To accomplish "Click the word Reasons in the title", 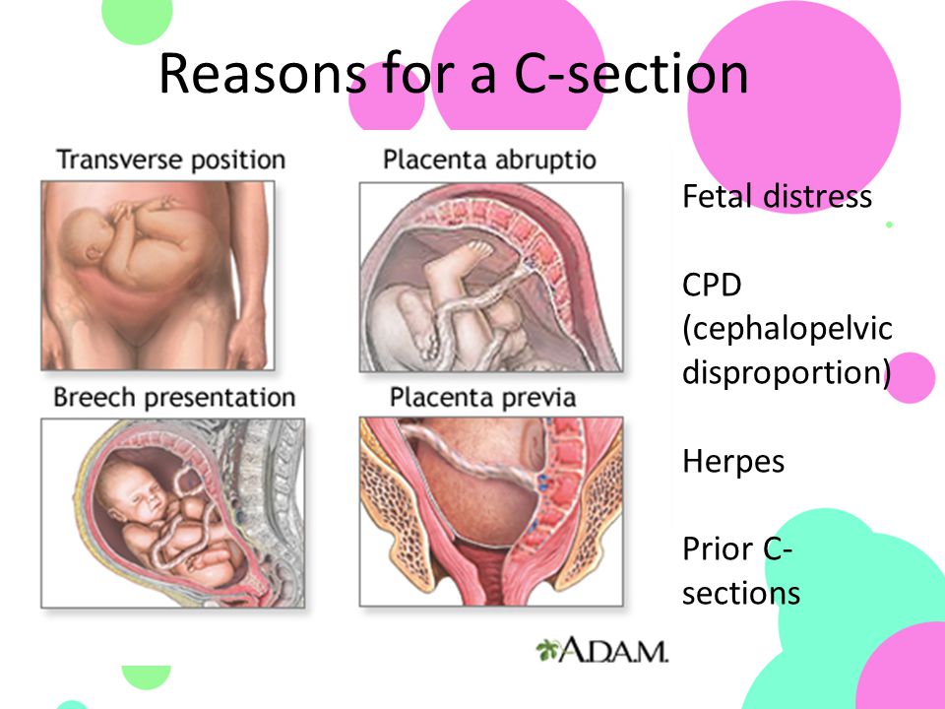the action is coord(262,74).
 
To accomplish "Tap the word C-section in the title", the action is coord(631,74).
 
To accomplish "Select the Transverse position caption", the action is coord(170,161).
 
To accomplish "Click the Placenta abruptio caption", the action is coord(489,160).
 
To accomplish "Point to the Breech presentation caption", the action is coord(174,398).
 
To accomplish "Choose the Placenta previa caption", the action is coord(482,398).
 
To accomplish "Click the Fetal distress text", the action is coord(777,197).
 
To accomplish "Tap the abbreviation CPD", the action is coord(712,285).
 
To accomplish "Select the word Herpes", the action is coord(733,463).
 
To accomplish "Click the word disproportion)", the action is coord(787,372).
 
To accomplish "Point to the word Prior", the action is coord(719,549).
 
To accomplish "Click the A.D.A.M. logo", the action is coord(602,651).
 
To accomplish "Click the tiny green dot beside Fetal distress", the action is coord(889,225).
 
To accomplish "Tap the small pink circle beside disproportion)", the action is coord(912,378).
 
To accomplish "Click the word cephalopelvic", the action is coord(787,329).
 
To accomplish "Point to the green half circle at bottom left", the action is coord(147,677).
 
